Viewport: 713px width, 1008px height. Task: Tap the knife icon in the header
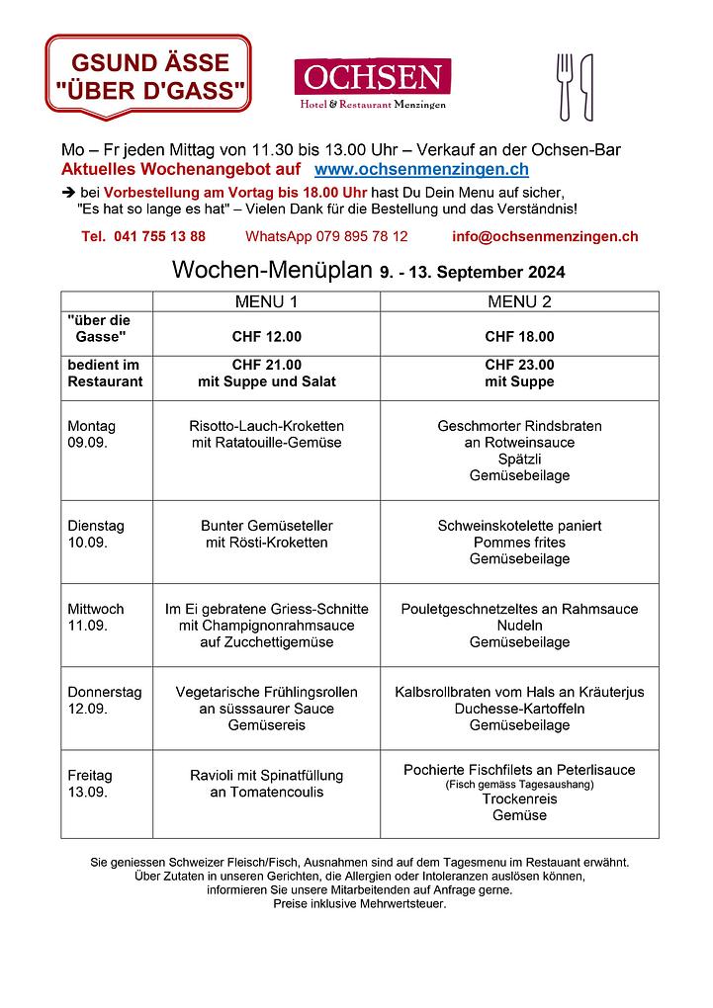(x=586, y=86)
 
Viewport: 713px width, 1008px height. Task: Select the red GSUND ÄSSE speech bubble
(x=149, y=77)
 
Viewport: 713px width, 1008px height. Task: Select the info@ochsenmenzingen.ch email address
(x=545, y=236)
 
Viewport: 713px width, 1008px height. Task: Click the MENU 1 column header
(x=266, y=301)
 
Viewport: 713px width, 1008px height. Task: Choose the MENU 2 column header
(x=519, y=301)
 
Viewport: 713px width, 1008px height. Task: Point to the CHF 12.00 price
(x=266, y=336)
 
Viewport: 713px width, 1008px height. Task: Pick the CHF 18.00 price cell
(x=519, y=336)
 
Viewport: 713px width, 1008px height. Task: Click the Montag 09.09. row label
(x=91, y=434)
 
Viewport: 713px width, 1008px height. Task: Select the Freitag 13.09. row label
(x=90, y=784)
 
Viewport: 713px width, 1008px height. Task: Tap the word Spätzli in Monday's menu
(x=519, y=460)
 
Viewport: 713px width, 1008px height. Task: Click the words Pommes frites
(x=519, y=543)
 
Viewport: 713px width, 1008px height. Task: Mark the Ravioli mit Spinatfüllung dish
(x=266, y=776)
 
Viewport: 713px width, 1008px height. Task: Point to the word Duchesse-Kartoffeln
(x=519, y=709)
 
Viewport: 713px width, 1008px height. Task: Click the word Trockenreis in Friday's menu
(x=519, y=798)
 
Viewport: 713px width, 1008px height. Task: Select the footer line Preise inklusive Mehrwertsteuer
(x=360, y=903)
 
